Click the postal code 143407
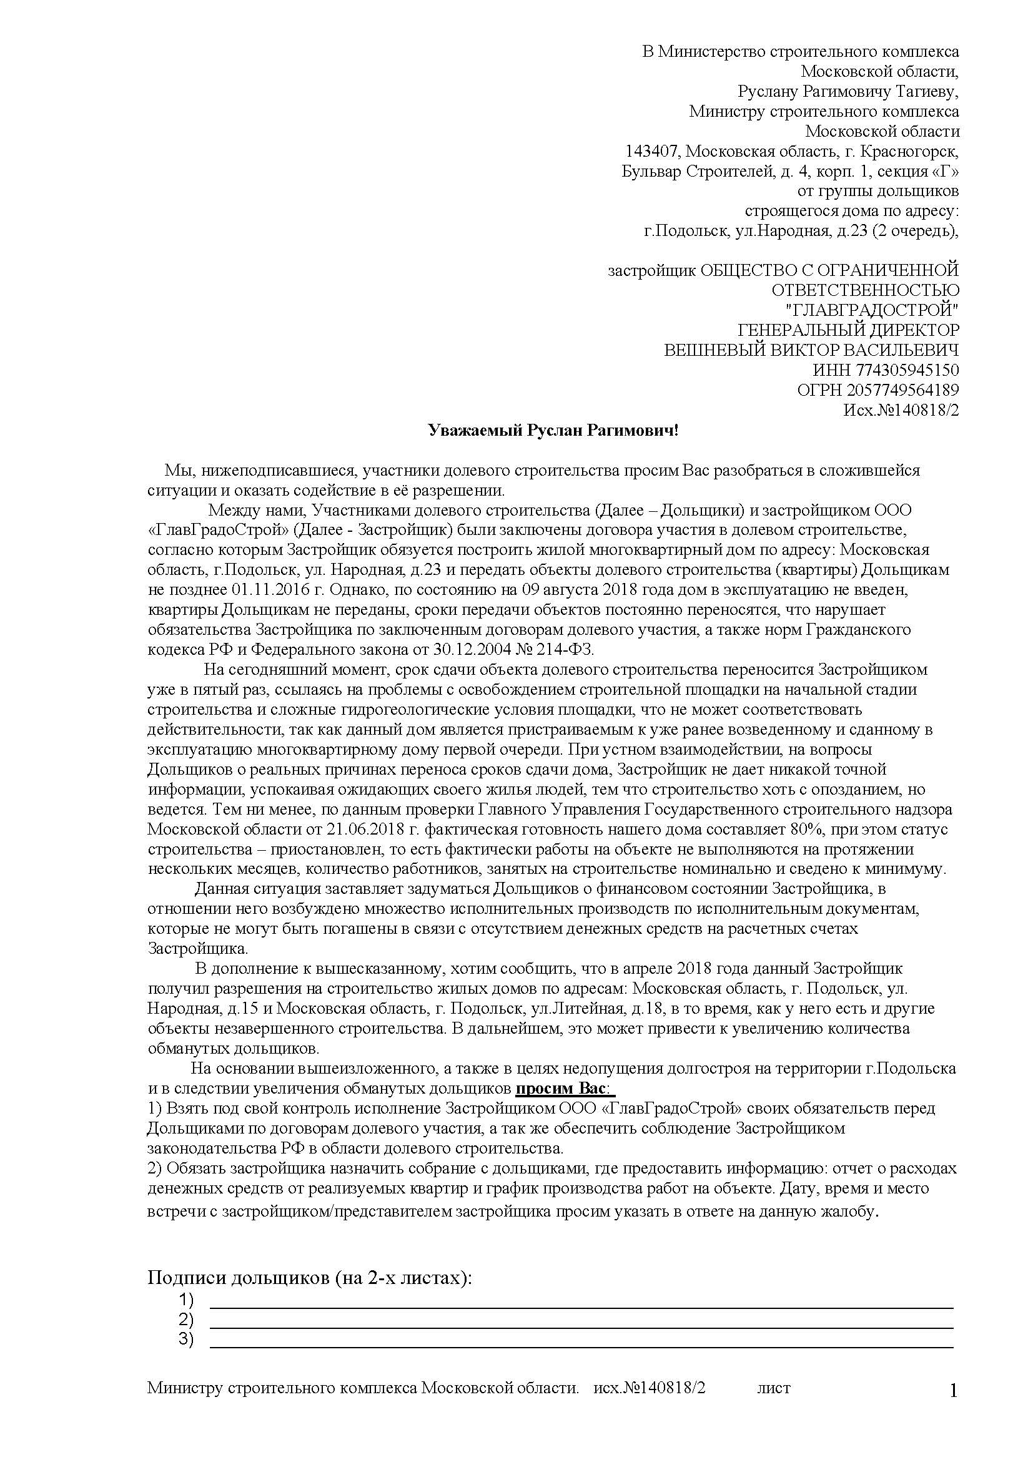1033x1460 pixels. coord(653,152)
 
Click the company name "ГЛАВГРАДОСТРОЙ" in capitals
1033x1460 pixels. coord(872,310)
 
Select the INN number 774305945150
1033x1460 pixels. coord(907,370)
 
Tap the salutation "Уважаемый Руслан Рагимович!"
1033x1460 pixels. coord(553,431)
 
